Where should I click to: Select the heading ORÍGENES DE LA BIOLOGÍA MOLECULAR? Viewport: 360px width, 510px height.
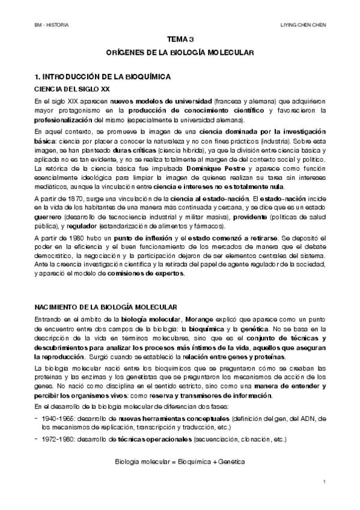tap(180, 53)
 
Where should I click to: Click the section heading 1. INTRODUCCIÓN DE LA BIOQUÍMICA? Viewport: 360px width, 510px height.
tap(103, 77)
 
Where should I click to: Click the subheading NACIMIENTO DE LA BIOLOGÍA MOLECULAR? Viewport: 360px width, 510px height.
tap(105, 307)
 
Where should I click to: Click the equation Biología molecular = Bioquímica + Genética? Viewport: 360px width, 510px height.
tap(180, 462)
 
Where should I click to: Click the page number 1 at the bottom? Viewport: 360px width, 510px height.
tap(323, 482)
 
